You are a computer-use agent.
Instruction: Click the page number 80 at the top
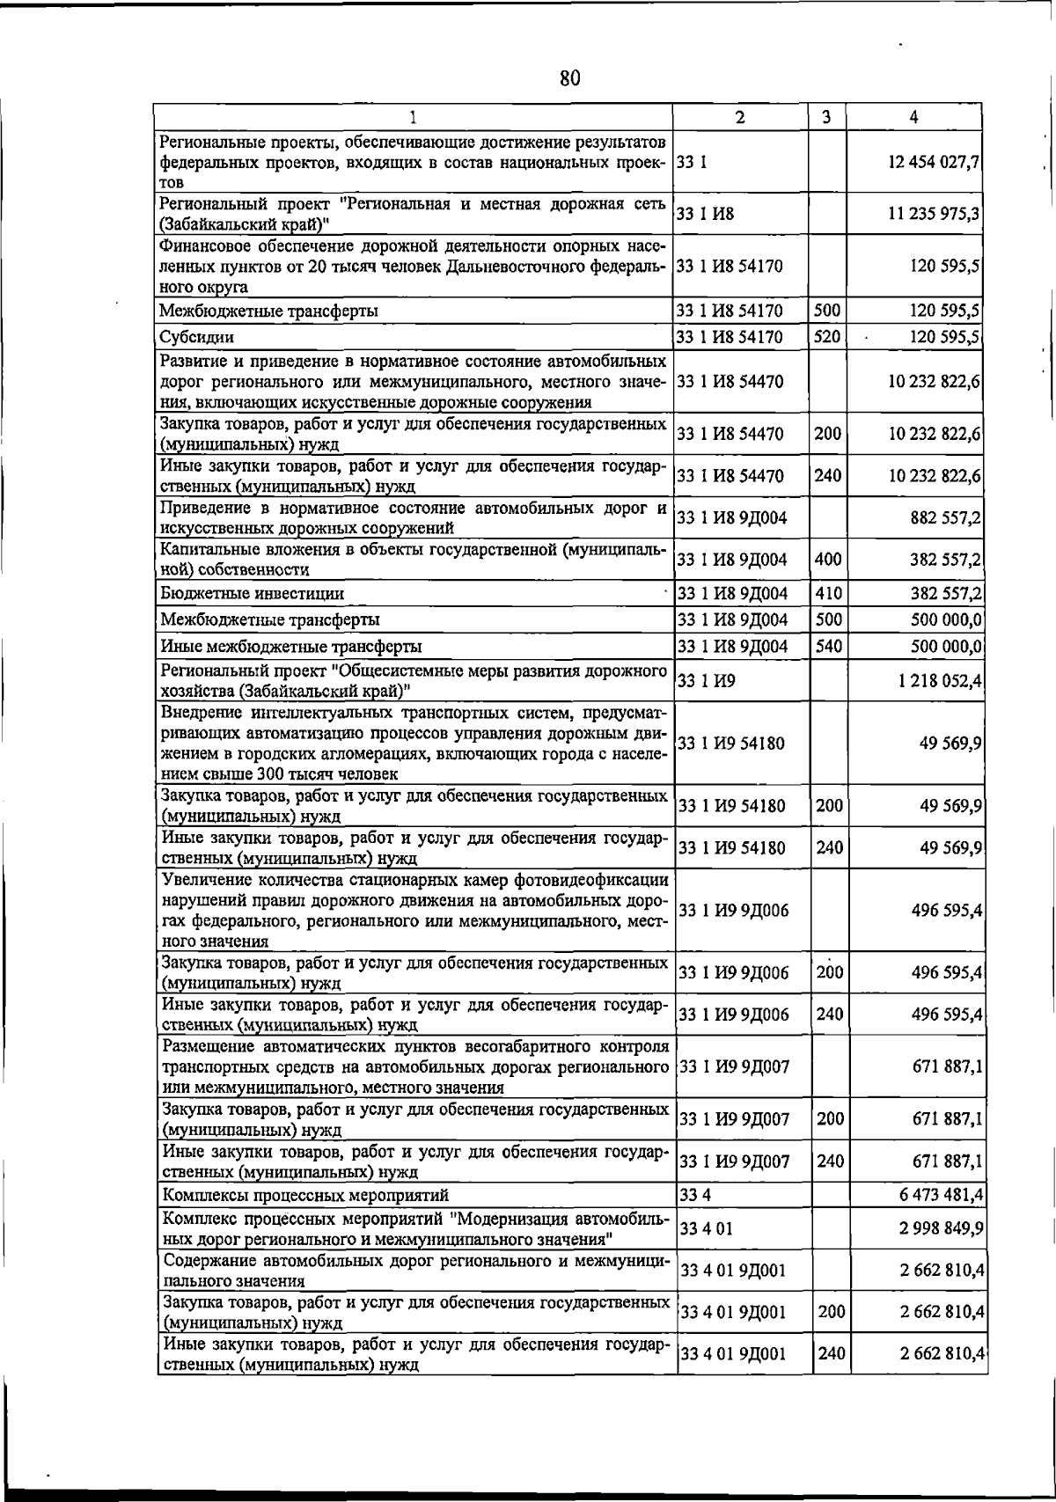point(569,78)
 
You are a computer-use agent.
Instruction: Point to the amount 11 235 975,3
point(935,214)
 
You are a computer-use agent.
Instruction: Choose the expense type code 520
point(828,336)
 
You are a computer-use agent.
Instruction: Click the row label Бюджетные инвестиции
point(252,594)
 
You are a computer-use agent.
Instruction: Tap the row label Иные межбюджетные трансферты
point(290,647)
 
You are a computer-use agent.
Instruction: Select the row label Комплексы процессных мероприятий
point(304,1195)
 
